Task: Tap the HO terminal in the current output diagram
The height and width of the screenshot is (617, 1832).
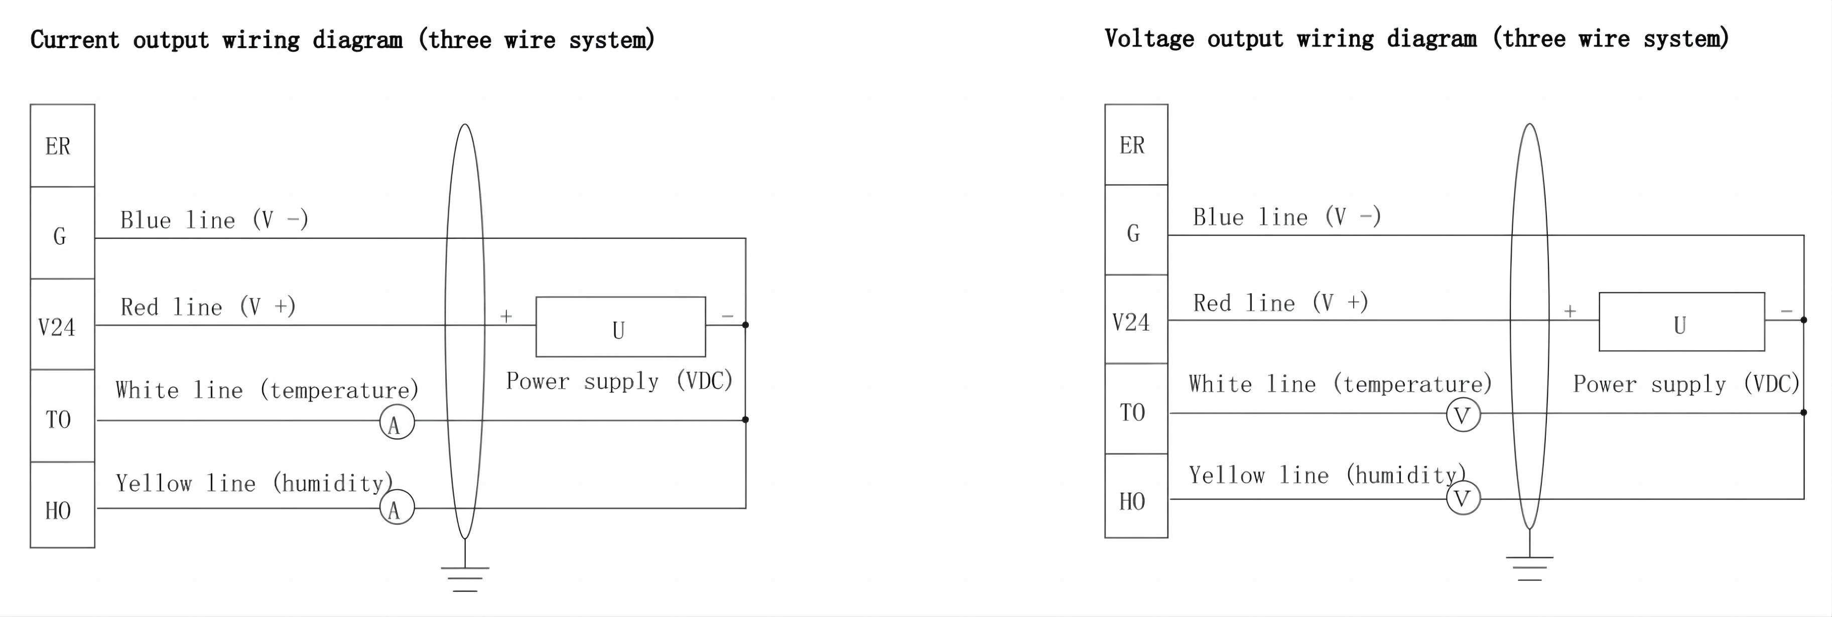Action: [x=61, y=510]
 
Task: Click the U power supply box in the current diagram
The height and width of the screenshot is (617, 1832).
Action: [x=620, y=327]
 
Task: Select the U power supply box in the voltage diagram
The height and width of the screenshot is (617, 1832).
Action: [x=1681, y=322]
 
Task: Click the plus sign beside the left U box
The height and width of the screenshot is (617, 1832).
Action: [x=505, y=316]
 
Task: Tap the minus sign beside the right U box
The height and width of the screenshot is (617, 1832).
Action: [x=1786, y=311]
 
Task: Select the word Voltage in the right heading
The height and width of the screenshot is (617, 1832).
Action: [x=1148, y=39]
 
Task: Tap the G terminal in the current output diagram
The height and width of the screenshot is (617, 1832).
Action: [x=61, y=235]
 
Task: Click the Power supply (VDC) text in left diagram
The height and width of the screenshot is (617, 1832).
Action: [x=619, y=381]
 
